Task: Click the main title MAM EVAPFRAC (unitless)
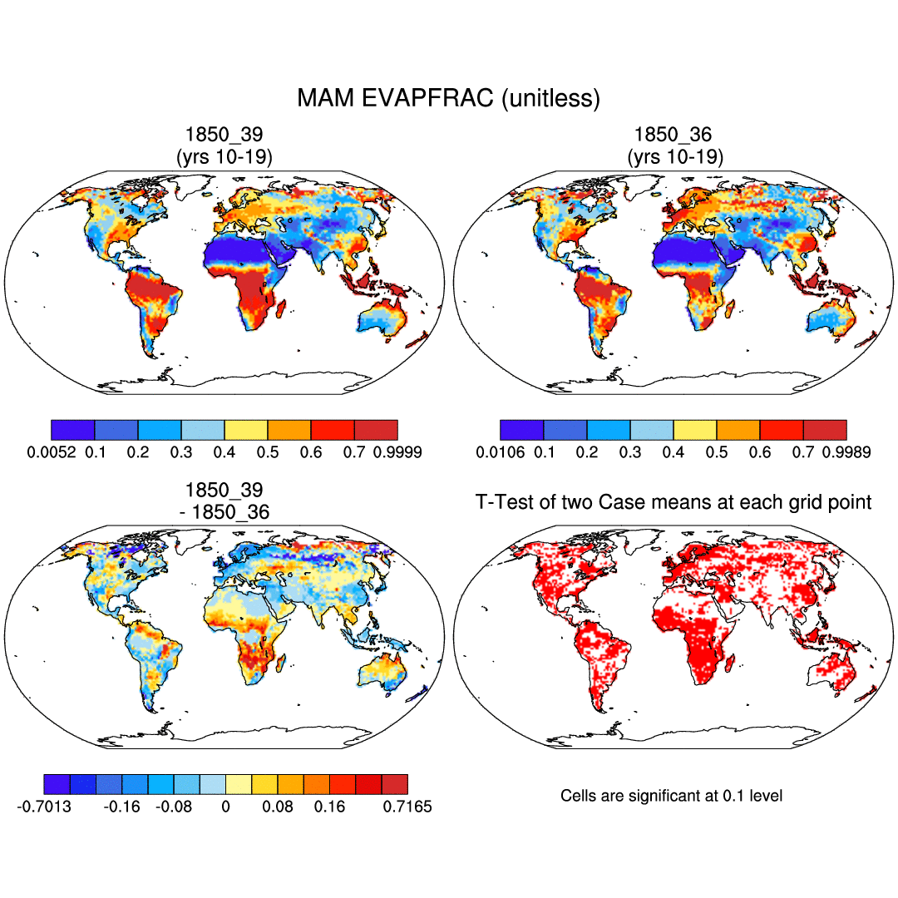point(448,99)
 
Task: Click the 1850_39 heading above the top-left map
point(224,145)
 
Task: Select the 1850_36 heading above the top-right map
point(673,145)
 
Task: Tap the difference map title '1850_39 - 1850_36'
point(224,501)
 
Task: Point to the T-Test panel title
point(673,502)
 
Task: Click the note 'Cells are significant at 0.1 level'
point(671,796)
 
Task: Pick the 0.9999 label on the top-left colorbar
point(397,452)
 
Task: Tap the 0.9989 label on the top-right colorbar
point(846,452)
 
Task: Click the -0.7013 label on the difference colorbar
point(43,807)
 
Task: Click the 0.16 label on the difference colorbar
point(329,807)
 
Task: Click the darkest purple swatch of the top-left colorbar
point(73,429)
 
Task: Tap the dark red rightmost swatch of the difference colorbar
point(395,784)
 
